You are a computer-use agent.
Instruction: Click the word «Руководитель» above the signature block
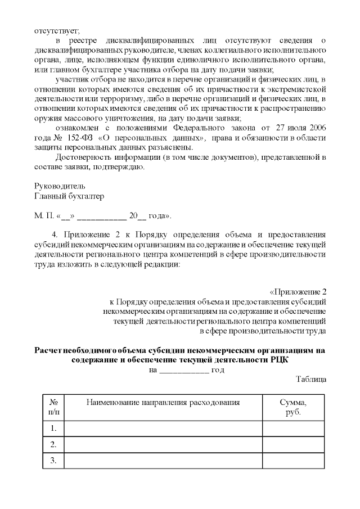[x=60, y=186]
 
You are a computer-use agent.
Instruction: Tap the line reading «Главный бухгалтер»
[x=69, y=196]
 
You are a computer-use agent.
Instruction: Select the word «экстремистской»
[x=297, y=89]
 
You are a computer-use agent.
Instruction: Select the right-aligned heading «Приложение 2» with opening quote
[x=298, y=292]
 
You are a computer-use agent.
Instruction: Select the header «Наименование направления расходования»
[x=163, y=403]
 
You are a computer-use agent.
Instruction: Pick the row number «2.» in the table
[x=53, y=444]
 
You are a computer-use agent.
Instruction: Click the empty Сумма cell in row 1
[x=293, y=429]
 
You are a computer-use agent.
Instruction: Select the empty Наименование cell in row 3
[x=163, y=461]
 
